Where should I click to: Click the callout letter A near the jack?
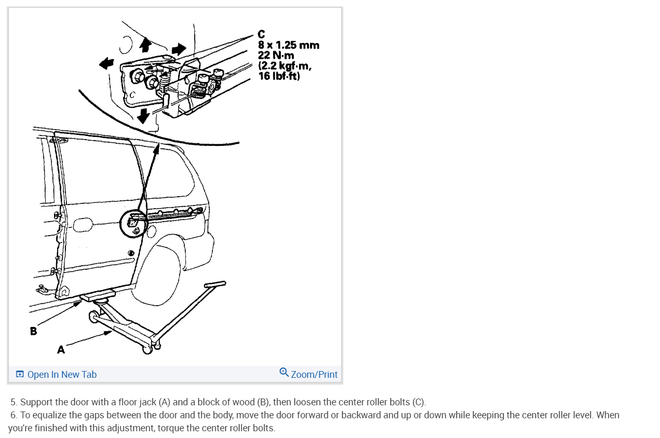point(61,350)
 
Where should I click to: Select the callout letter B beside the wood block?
point(34,331)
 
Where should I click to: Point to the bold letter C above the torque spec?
point(261,35)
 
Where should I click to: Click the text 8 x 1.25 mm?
point(288,45)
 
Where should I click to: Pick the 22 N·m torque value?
point(276,56)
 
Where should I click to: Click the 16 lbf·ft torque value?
point(279,76)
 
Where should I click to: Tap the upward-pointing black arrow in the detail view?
point(145,45)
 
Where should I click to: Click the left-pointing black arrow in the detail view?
point(106,63)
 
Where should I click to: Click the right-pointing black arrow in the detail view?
point(178,49)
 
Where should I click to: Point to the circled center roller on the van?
point(132,223)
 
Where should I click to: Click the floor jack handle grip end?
point(215,284)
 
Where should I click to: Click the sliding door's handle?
point(82,226)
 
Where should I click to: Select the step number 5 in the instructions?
point(14,402)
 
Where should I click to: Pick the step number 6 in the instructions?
point(14,415)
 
